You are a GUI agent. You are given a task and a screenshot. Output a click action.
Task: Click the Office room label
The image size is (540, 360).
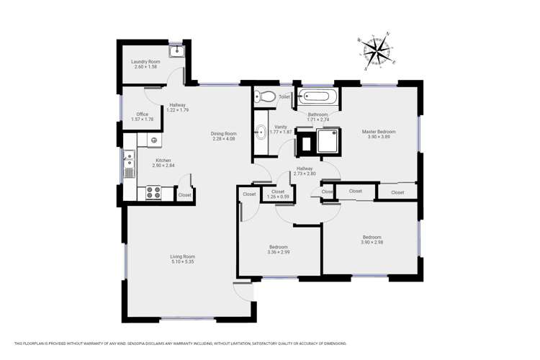(x=143, y=114)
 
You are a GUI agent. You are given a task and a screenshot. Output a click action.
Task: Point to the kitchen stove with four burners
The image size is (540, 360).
(x=153, y=192)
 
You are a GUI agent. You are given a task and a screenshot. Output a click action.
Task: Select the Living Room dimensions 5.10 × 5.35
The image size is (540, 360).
(x=182, y=261)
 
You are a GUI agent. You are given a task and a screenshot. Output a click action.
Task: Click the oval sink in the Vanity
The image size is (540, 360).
(x=260, y=132)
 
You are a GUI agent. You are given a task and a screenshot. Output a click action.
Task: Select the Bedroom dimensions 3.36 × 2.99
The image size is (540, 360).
(x=278, y=252)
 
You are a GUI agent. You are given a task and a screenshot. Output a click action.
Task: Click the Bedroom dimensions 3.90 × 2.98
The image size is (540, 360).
(x=372, y=243)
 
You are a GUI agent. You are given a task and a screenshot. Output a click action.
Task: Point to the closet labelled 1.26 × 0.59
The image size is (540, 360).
(x=278, y=197)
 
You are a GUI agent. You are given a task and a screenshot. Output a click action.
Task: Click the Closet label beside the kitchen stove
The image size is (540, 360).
(x=185, y=194)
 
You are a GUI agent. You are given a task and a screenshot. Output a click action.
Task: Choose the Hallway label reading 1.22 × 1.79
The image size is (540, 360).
(x=177, y=109)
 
